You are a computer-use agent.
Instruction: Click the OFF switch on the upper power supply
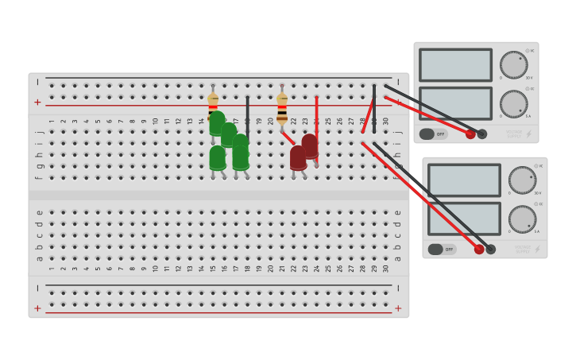click(x=433, y=134)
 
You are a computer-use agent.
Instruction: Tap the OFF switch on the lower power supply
click(x=442, y=250)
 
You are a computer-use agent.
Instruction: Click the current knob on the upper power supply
click(x=513, y=103)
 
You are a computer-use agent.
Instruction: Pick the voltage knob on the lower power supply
click(x=522, y=180)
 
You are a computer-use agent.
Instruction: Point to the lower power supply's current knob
click(x=522, y=219)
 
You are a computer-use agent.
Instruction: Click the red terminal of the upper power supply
click(x=470, y=134)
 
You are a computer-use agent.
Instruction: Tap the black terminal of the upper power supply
click(x=482, y=134)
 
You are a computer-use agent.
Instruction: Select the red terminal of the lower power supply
click(x=479, y=250)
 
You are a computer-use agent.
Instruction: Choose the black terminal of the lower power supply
click(x=491, y=250)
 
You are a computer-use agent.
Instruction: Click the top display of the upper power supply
click(x=455, y=65)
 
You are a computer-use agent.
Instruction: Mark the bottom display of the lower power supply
click(x=464, y=219)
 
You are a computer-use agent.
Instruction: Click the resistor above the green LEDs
click(x=213, y=102)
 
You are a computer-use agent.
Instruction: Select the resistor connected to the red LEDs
click(x=282, y=107)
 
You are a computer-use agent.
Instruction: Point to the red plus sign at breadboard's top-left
click(x=37, y=103)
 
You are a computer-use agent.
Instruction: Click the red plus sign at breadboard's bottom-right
click(x=398, y=308)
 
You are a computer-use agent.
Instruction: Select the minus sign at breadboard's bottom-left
click(x=37, y=288)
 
